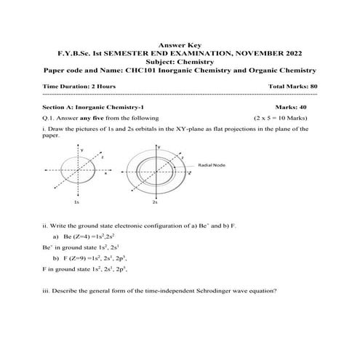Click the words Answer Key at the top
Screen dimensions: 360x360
click(x=180, y=44)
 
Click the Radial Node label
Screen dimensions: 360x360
click(x=212, y=165)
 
